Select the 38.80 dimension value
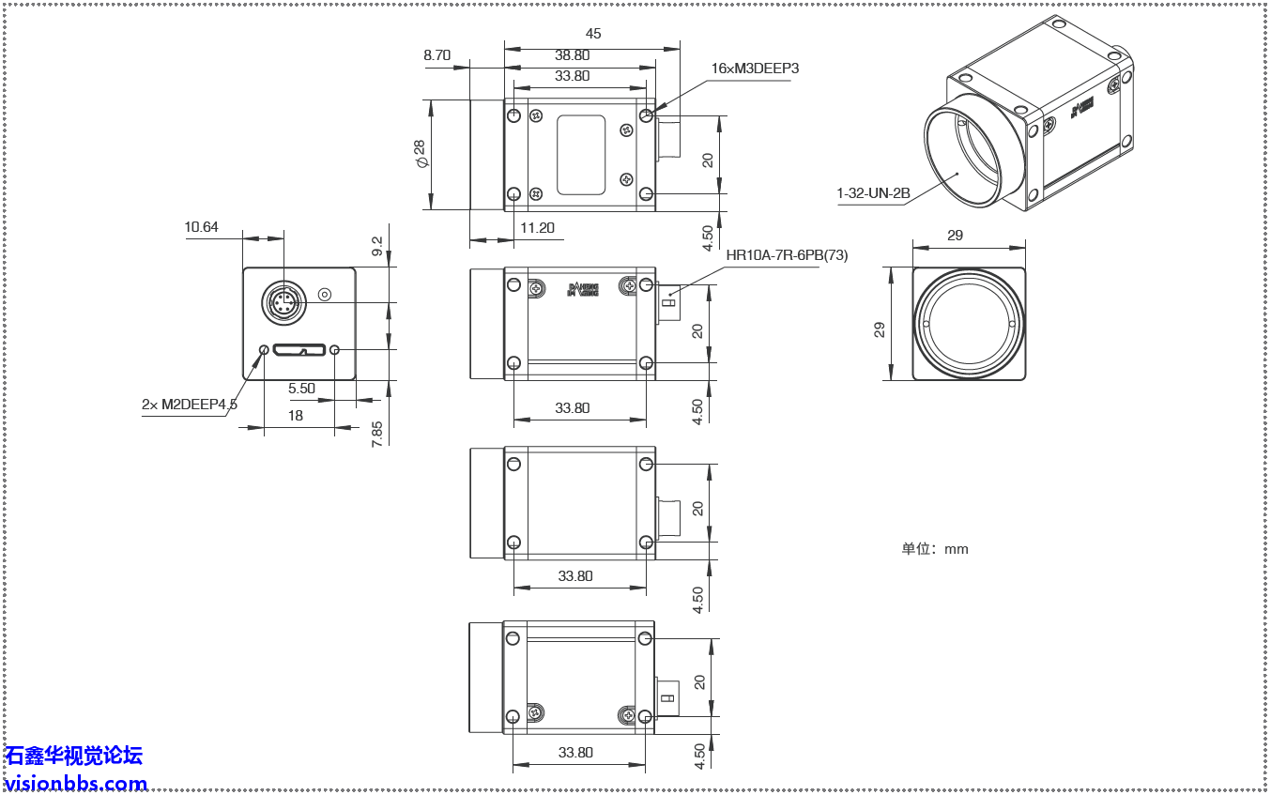coord(572,55)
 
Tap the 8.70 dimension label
coord(436,55)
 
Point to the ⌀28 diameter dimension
coord(420,154)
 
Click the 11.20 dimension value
coord(537,227)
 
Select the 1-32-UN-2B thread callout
coord(873,194)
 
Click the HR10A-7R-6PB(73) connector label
coord(787,254)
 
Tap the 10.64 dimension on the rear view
coord(202,227)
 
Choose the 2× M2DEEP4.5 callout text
coord(190,405)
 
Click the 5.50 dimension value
coord(301,388)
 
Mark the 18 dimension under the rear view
coord(296,415)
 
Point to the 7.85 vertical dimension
coord(377,433)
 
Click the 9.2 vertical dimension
coord(377,246)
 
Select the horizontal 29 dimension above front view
coord(955,236)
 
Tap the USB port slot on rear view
coord(299,350)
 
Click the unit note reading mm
coord(935,549)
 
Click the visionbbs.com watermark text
coord(76,783)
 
